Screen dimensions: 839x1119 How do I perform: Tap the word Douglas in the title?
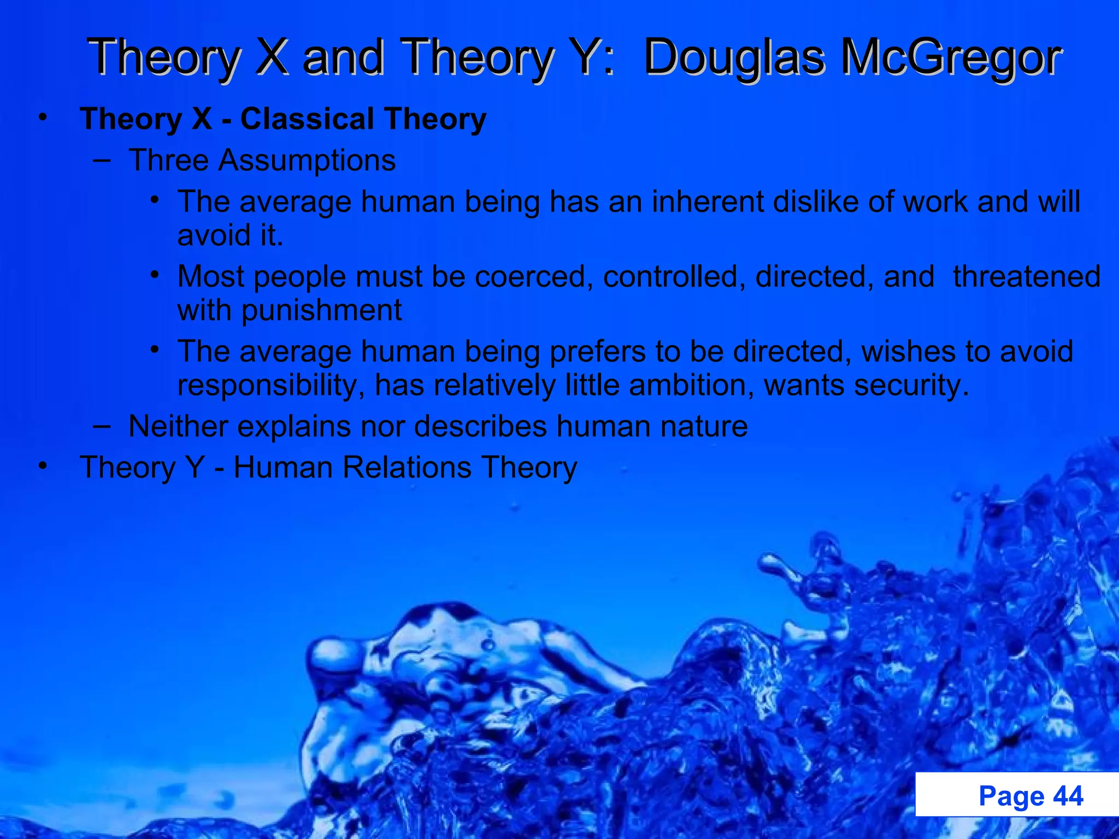coord(734,57)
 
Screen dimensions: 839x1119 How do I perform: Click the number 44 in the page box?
coord(1068,795)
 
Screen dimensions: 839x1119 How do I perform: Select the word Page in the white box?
coord(1011,795)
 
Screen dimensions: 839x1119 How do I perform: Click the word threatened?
coord(1026,276)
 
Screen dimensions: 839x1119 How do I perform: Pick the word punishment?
coord(321,310)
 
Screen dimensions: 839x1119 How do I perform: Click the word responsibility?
coord(270,385)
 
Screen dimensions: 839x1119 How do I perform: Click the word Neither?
coord(178,426)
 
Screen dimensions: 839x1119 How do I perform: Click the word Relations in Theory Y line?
coord(407,468)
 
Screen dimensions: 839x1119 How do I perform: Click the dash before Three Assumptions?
coord(102,160)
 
